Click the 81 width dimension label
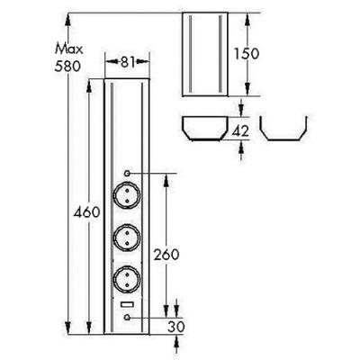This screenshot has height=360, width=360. (128, 62)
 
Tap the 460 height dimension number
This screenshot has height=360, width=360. (86, 212)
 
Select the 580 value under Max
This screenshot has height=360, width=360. (67, 66)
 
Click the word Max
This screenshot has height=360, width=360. (68, 49)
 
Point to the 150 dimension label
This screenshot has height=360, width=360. (247, 54)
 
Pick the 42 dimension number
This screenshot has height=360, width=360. (240, 131)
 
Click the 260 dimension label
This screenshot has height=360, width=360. (166, 255)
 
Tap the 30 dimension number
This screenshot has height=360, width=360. (175, 327)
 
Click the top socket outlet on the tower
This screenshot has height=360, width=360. (127, 196)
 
